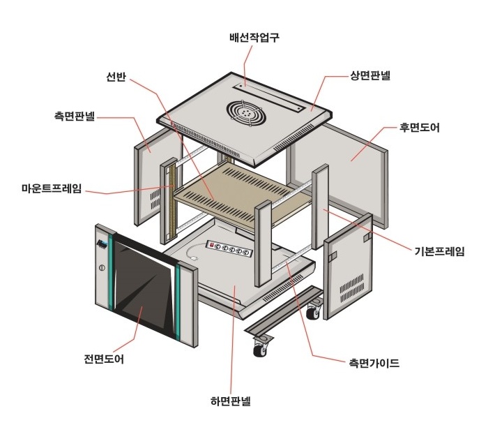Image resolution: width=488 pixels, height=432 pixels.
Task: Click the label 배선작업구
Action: click(x=254, y=38)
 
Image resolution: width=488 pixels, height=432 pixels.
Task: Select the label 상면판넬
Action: click(x=370, y=75)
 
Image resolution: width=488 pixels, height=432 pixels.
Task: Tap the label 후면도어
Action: click(x=419, y=128)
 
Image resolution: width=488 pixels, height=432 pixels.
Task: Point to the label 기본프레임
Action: click(x=439, y=251)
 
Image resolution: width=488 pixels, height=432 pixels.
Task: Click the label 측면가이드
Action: click(x=374, y=363)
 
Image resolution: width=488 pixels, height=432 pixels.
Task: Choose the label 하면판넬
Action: click(x=230, y=401)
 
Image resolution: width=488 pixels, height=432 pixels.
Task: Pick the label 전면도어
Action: click(x=104, y=359)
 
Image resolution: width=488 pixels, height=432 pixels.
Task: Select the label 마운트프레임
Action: click(x=52, y=188)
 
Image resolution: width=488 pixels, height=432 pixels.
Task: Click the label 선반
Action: click(x=116, y=77)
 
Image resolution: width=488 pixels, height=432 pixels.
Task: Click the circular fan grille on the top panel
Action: click(x=246, y=111)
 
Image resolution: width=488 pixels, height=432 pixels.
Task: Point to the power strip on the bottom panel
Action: click(x=229, y=249)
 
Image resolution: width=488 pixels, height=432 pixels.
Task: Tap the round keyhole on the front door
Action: click(x=102, y=268)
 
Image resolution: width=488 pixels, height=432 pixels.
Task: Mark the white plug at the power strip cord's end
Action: click(x=195, y=258)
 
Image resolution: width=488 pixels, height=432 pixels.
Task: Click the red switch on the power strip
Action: click(x=212, y=245)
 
